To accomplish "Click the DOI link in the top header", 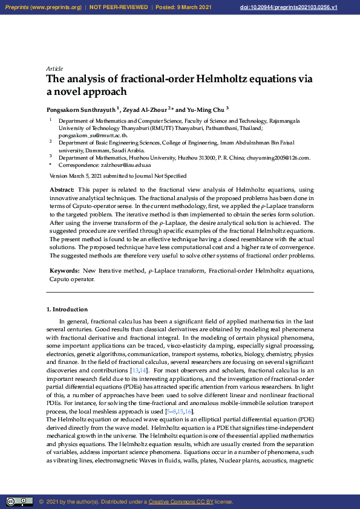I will click(x=306, y=7).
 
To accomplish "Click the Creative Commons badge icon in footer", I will click(x=19, y=502).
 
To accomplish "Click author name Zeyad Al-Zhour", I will click(x=145, y=109).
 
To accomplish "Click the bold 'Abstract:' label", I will click(x=62, y=190).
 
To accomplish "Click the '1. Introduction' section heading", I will click(x=67, y=310).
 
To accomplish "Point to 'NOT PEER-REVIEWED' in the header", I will click(x=119, y=7).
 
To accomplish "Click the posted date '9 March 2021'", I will click(x=194, y=7).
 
